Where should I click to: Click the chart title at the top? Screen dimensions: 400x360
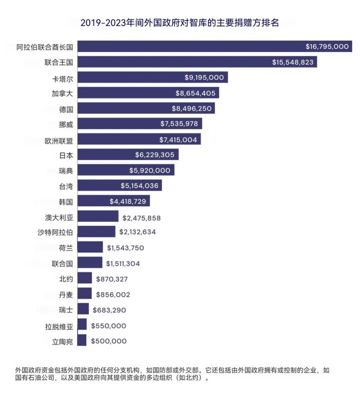[x=179, y=23]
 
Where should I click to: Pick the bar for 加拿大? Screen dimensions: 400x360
[x=125, y=93]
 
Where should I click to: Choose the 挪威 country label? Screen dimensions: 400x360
[x=66, y=123]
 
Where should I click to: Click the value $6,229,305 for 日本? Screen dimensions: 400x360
[x=154, y=155]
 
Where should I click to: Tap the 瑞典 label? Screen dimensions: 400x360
[x=66, y=170]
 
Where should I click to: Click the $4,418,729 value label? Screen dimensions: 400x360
[x=128, y=201]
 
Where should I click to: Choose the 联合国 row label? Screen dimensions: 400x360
[x=62, y=263]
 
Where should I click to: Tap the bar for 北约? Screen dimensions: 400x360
[x=85, y=278]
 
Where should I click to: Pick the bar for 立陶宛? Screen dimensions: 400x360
[x=82, y=341]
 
